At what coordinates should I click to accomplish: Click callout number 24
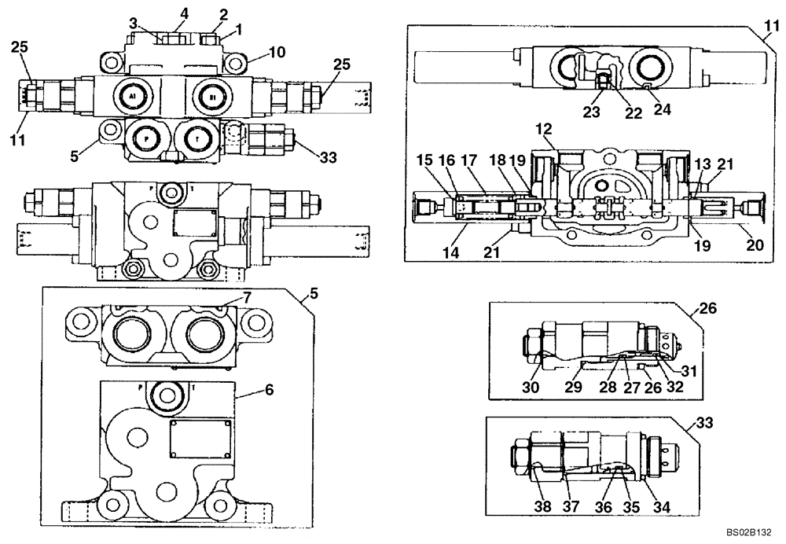tap(663, 111)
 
